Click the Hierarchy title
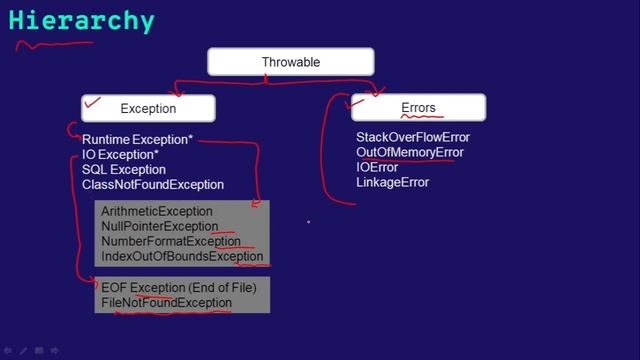pos(82,21)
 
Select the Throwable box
pos(290,62)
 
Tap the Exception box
pos(148,108)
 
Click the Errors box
pos(418,107)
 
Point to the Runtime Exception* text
pos(137,140)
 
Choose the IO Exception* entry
pos(120,155)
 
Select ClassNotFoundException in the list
pos(153,185)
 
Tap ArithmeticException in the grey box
pos(157,212)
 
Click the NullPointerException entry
pos(160,227)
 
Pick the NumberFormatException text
pos(171,242)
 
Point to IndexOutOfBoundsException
pos(182,257)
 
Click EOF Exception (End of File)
pos(179,288)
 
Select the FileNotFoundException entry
pos(166,303)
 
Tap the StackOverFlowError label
pos(412,137)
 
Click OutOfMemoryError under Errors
pos(410,152)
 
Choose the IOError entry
pos(377,167)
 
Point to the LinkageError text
pos(392,182)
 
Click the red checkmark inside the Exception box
pos(95,102)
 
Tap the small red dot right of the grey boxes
pos(308,222)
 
